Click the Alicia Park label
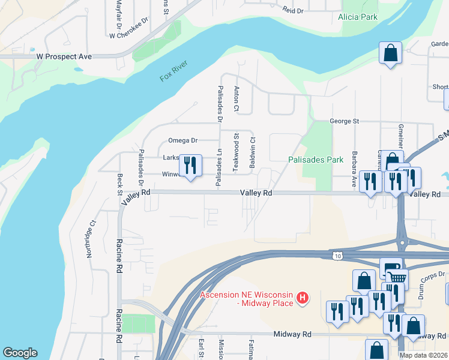pos(358,17)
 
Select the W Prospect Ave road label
pos(64,56)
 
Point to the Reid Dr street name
pos(293,10)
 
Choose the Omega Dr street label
pos(182,140)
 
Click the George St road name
pos(344,121)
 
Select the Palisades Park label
pos(315,160)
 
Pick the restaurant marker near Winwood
pos(191,166)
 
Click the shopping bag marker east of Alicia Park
pos(390,52)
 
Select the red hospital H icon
pos(303,298)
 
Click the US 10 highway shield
pos(338,255)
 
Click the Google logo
pos(20,353)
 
